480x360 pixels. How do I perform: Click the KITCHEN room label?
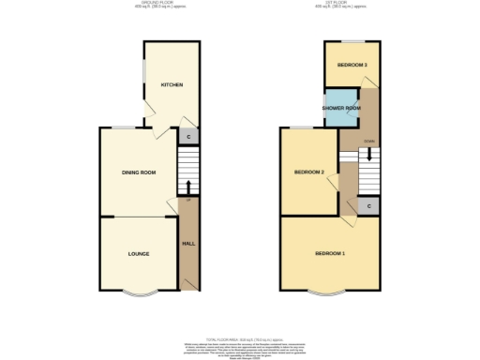[x=172, y=85]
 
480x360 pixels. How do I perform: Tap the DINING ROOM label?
[x=138, y=172]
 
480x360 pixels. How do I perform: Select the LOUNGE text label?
[x=138, y=254]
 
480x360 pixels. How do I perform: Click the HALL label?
[x=187, y=243]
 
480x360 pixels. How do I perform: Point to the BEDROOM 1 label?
[x=329, y=254]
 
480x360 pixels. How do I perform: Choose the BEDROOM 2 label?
[x=308, y=172]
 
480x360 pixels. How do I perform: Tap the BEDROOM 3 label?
[x=352, y=65]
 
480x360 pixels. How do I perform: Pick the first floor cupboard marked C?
[x=368, y=205]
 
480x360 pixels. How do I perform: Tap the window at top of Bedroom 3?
[x=352, y=41]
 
